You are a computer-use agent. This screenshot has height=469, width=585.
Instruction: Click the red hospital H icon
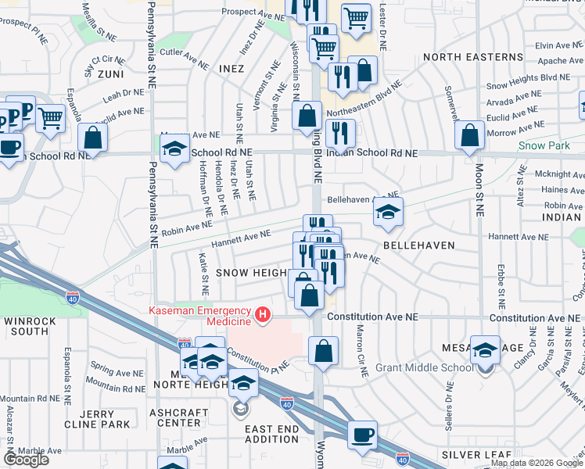pos(264,316)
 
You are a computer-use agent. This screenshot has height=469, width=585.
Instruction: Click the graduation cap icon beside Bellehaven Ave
pos(387,213)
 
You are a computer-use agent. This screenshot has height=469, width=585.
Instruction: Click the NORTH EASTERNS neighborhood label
pos(472,57)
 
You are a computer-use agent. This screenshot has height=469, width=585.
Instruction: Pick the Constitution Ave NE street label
pos(373,317)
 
